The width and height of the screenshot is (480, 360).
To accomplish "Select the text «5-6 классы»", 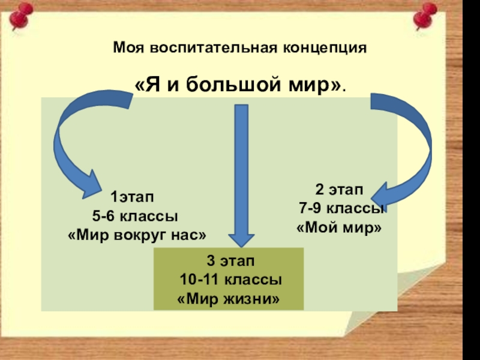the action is (x=134, y=215).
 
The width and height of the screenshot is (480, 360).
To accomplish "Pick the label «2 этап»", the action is (x=339, y=190).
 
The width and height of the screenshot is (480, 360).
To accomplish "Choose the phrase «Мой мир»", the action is (x=339, y=228).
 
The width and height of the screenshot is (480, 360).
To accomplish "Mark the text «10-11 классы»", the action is (x=232, y=280).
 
